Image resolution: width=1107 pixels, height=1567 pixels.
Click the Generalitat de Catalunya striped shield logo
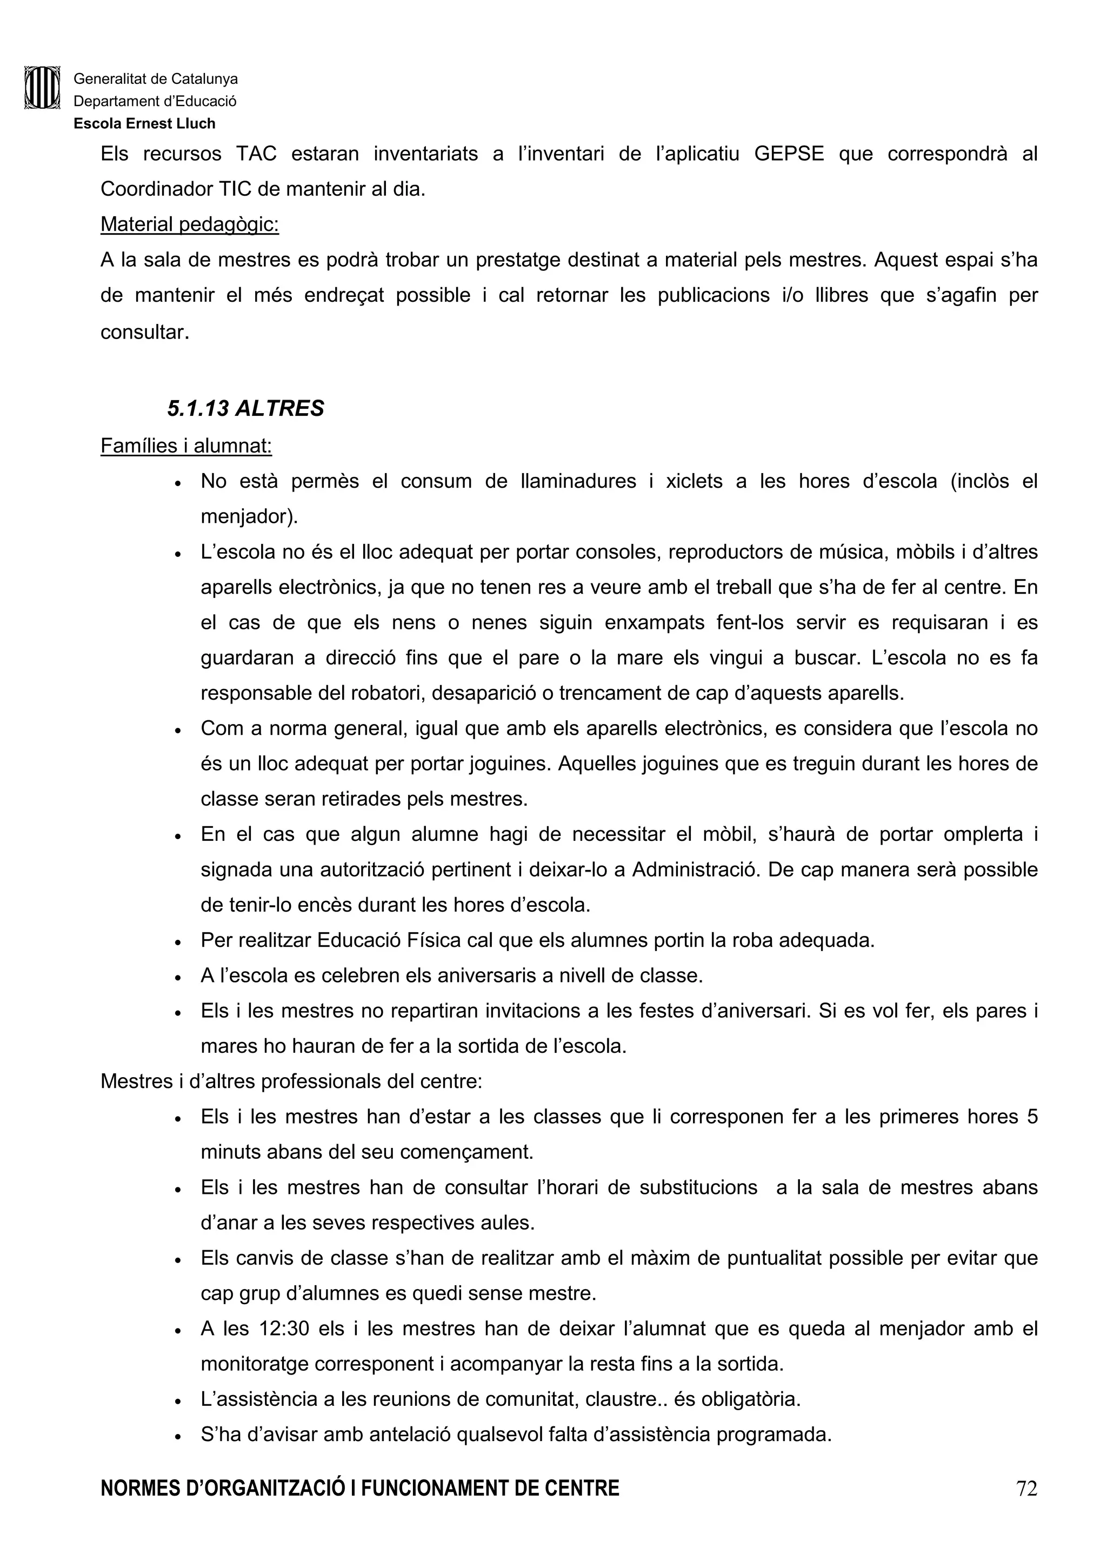(42, 88)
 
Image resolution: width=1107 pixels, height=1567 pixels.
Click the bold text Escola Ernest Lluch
(145, 123)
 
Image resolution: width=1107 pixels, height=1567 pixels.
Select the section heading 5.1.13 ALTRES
(245, 408)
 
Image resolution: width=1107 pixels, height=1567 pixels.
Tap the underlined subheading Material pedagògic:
(190, 224)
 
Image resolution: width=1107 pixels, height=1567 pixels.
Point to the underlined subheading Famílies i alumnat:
(186, 446)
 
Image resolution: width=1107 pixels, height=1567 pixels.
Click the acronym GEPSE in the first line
(789, 154)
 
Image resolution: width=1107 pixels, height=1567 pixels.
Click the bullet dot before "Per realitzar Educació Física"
(177, 942)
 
